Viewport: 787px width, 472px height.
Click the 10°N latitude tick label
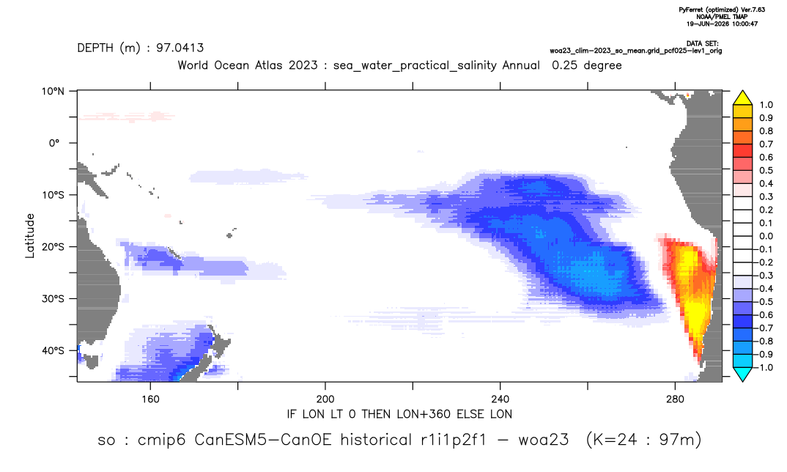tap(53, 92)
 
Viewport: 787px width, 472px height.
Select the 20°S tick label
tap(53, 247)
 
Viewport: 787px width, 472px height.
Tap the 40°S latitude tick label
tap(53, 350)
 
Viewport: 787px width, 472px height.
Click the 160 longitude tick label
tap(150, 399)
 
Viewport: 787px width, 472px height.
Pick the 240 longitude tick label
tap(500, 399)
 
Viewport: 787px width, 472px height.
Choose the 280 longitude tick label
tap(675, 399)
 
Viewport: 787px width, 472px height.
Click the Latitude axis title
tap(30, 236)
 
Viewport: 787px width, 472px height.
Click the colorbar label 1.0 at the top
tap(766, 105)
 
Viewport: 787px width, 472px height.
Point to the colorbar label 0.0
tap(766, 236)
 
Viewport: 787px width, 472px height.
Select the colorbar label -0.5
tap(764, 302)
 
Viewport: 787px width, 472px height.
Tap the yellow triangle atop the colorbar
tap(742, 98)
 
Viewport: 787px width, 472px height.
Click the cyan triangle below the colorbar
tap(742, 374)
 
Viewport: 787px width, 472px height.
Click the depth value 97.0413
tap(180, 48)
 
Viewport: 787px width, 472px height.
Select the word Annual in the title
tap(520, 65)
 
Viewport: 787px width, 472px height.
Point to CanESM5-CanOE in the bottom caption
tap(263, 440)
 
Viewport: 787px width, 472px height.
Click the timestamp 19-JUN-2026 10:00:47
tap(722, 23)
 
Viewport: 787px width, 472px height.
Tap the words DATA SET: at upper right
tap(702, 44)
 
